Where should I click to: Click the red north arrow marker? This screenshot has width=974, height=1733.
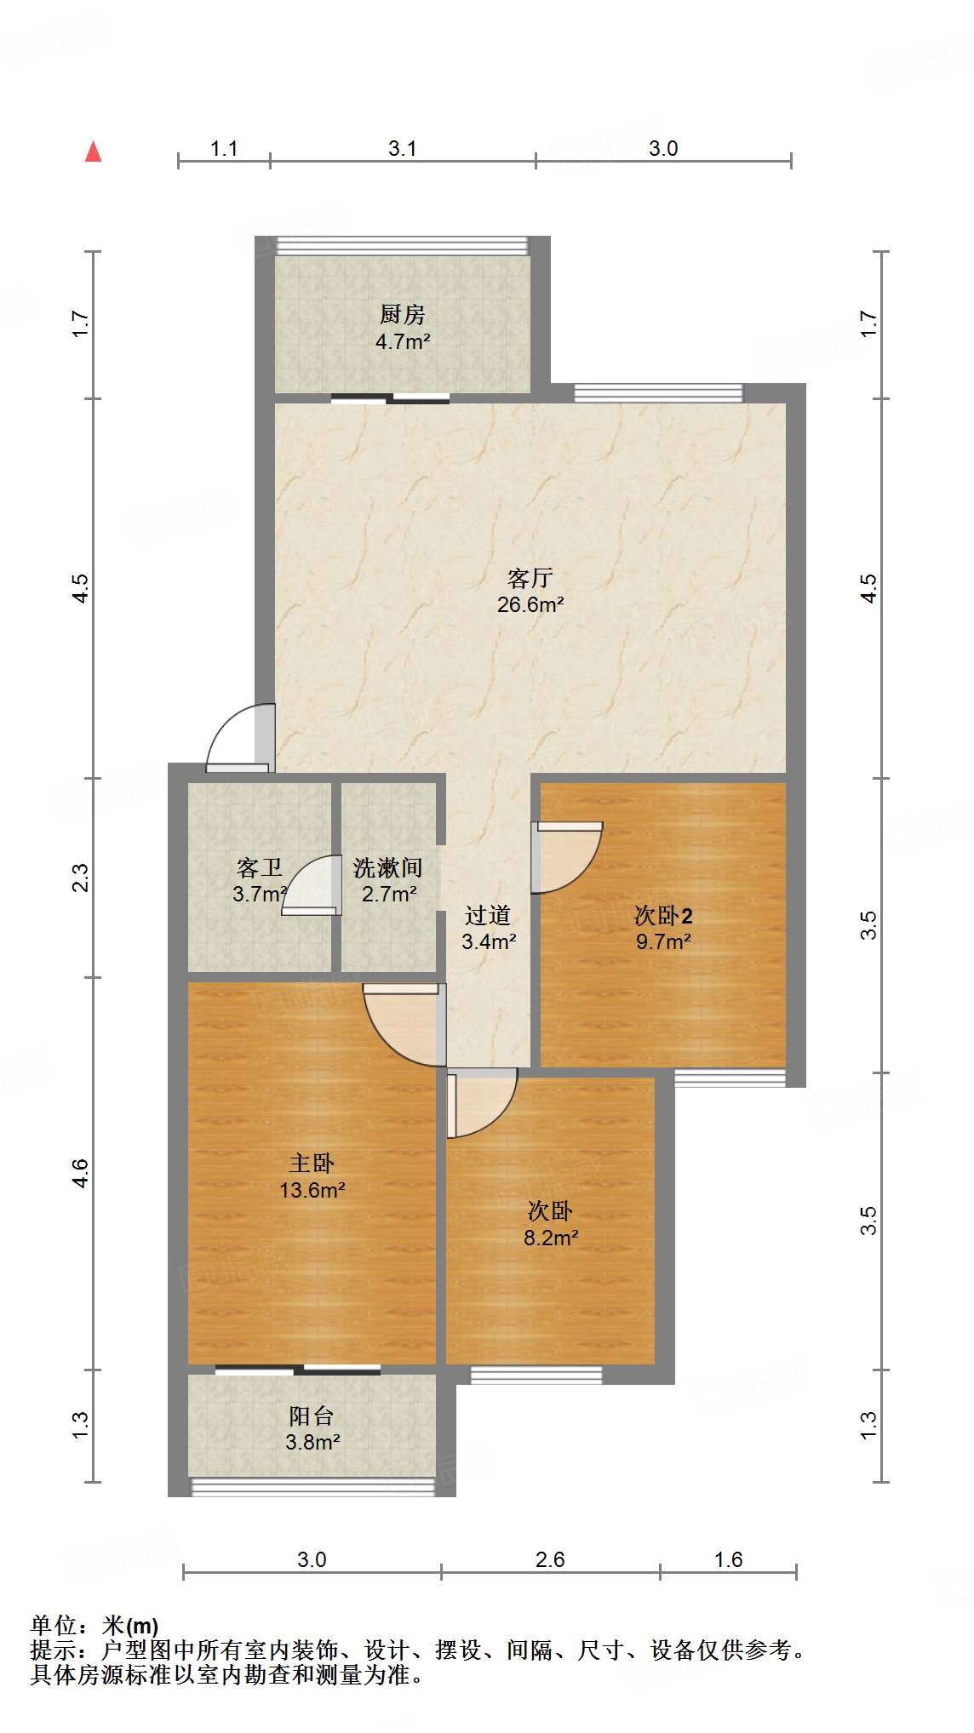tap(94, 152)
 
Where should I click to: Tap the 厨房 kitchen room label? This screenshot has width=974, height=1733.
tap(402, 315)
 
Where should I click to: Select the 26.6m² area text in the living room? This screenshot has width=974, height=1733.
tap(530, 605)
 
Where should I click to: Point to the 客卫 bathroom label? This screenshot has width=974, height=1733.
tap(259, 868)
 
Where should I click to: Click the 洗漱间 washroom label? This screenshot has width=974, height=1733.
tap(388, 868)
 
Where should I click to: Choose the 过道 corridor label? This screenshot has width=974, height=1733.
tap(488, 916)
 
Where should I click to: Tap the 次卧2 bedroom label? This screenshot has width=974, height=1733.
tap(663, 916)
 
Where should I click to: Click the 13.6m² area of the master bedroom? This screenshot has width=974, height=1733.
tap(312, 1190)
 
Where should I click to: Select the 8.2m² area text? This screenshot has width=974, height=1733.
tap(550, 1238)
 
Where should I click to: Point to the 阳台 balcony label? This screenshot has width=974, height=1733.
tap(312, 1416)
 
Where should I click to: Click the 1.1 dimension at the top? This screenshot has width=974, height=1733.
tap(224, 149)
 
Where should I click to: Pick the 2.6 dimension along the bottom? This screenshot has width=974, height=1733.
tap(550, 1559)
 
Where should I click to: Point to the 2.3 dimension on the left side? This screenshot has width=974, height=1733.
tap(79, 878)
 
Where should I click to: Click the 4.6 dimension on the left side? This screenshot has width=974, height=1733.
tap(79, 1174)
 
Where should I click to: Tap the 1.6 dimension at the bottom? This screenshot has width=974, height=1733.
tap(729, 1559)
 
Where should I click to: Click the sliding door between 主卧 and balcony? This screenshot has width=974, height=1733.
tap(298, 1370)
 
